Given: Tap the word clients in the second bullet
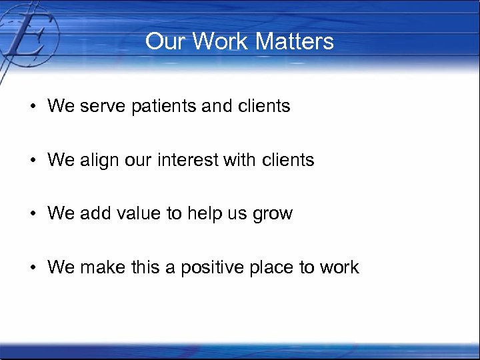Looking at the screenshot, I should click(x=289, y=160).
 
